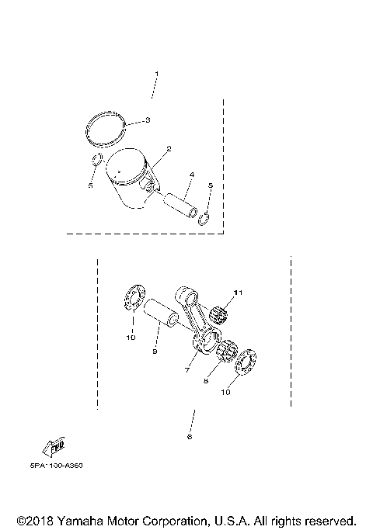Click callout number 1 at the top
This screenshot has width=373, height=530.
[156, 74]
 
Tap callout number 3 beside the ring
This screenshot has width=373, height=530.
[147, 121]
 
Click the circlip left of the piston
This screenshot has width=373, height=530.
[93, 161]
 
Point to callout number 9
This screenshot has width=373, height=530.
[155, 350]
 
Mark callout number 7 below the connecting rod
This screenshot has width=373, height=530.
[186, 371]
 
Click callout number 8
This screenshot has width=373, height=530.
[207, 381]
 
